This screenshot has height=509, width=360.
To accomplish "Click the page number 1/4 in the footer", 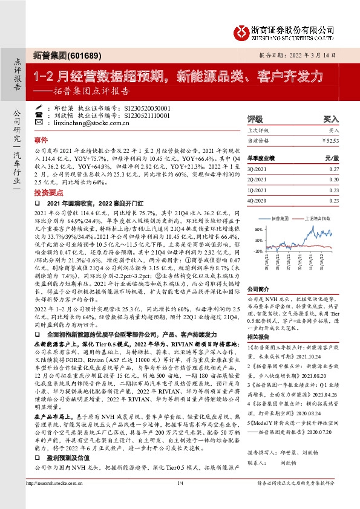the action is tap(180, 499).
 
